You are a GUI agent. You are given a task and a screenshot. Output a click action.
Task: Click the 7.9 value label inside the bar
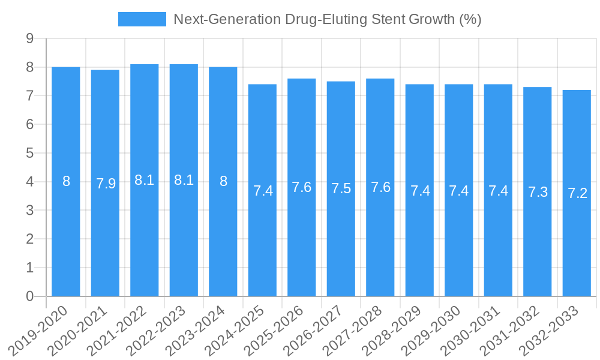[106, 184]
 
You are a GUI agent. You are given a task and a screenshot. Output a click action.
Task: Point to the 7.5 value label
[341, 188]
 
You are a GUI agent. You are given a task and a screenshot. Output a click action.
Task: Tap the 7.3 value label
[538, 191]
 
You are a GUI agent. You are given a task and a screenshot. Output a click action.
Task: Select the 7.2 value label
[577, 193]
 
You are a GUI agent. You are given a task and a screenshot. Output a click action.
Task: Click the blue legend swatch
[142, 19]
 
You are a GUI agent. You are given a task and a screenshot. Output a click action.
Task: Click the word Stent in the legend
[388, 19]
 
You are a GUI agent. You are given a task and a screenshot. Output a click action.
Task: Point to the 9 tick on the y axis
[29, 39]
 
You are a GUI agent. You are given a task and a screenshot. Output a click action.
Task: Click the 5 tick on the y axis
[29, 153]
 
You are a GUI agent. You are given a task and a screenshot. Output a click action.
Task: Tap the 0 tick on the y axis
[29, 296]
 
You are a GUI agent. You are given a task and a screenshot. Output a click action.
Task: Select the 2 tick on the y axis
[29, 239]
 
